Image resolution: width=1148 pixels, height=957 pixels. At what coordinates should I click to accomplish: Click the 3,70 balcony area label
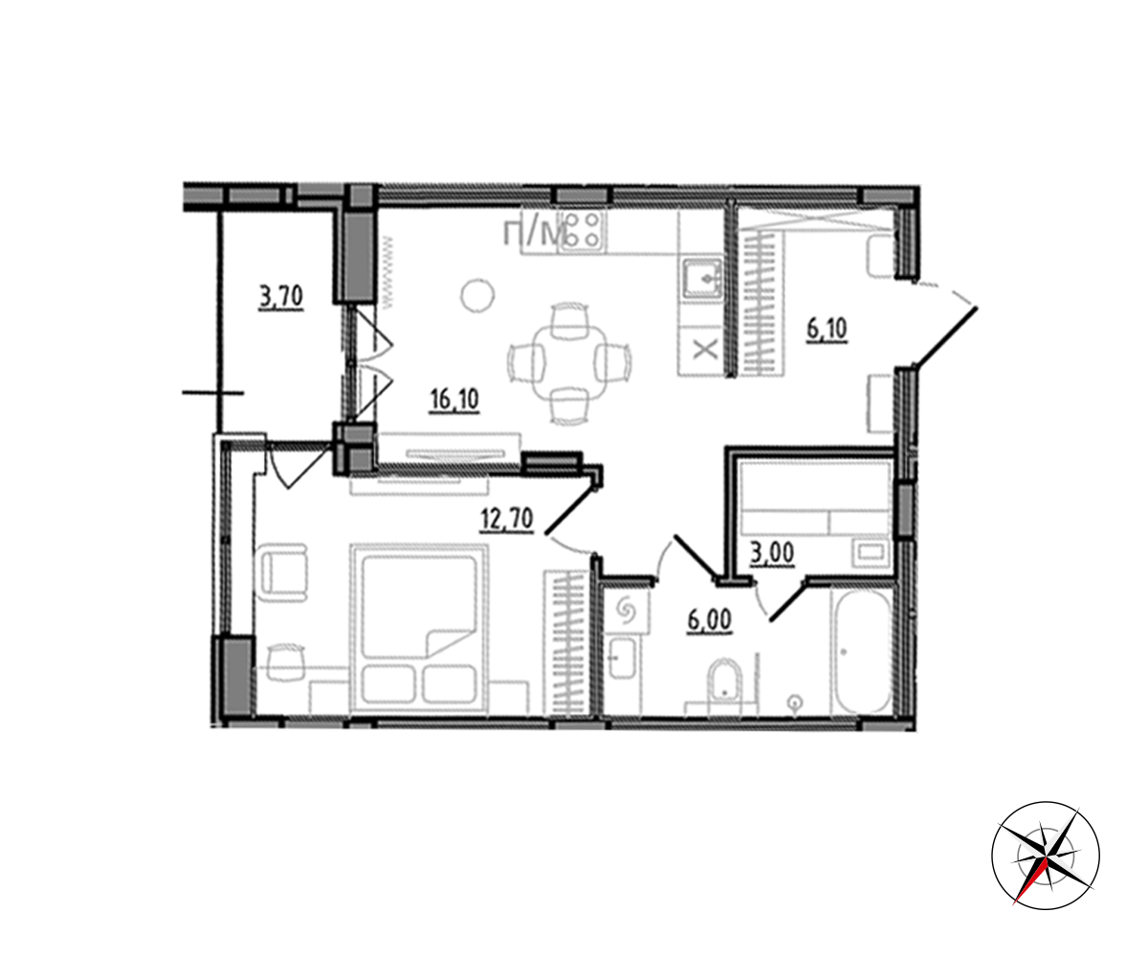click(x=281, y=298)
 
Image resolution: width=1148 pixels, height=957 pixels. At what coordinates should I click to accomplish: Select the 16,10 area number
click(x=454, y=400)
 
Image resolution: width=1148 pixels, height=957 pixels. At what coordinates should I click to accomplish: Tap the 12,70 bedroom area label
click(x=506, y=519)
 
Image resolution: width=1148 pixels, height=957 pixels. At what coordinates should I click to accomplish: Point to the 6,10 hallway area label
click(x=827, y=329)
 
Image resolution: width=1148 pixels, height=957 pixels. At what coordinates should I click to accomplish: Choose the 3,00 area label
click(x=772, y=554)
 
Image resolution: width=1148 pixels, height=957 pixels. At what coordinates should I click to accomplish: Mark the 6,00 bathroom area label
click(x=709, y=621)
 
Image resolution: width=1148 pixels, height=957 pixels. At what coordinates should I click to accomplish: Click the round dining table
click(x=570, y=363)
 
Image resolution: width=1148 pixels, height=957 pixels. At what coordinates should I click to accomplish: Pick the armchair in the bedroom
click(x=284, y=572)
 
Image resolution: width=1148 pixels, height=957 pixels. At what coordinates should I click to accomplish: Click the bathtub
click(x=861, y=651)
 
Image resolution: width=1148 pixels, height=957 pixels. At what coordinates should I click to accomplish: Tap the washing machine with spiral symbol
click(x=627, y=611)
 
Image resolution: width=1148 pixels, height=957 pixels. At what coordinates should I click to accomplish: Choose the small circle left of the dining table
click(x=477, y=296)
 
